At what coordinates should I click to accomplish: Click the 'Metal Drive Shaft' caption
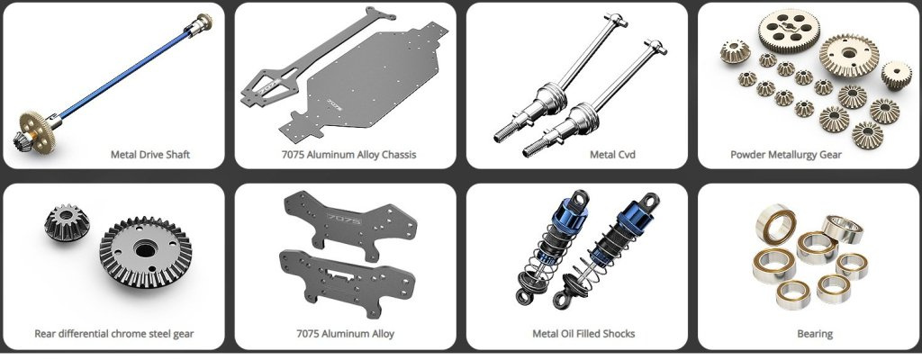pos(150,155)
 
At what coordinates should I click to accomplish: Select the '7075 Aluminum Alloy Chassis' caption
pos(348,155)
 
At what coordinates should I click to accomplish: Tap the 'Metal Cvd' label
pos(612,155)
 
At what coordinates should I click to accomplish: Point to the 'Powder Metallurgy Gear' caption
pos(785,155)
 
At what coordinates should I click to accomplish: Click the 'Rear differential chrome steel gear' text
pos(114,334)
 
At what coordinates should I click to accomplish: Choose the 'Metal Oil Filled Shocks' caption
pos(583,334)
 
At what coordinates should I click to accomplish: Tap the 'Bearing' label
pos(815,334)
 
